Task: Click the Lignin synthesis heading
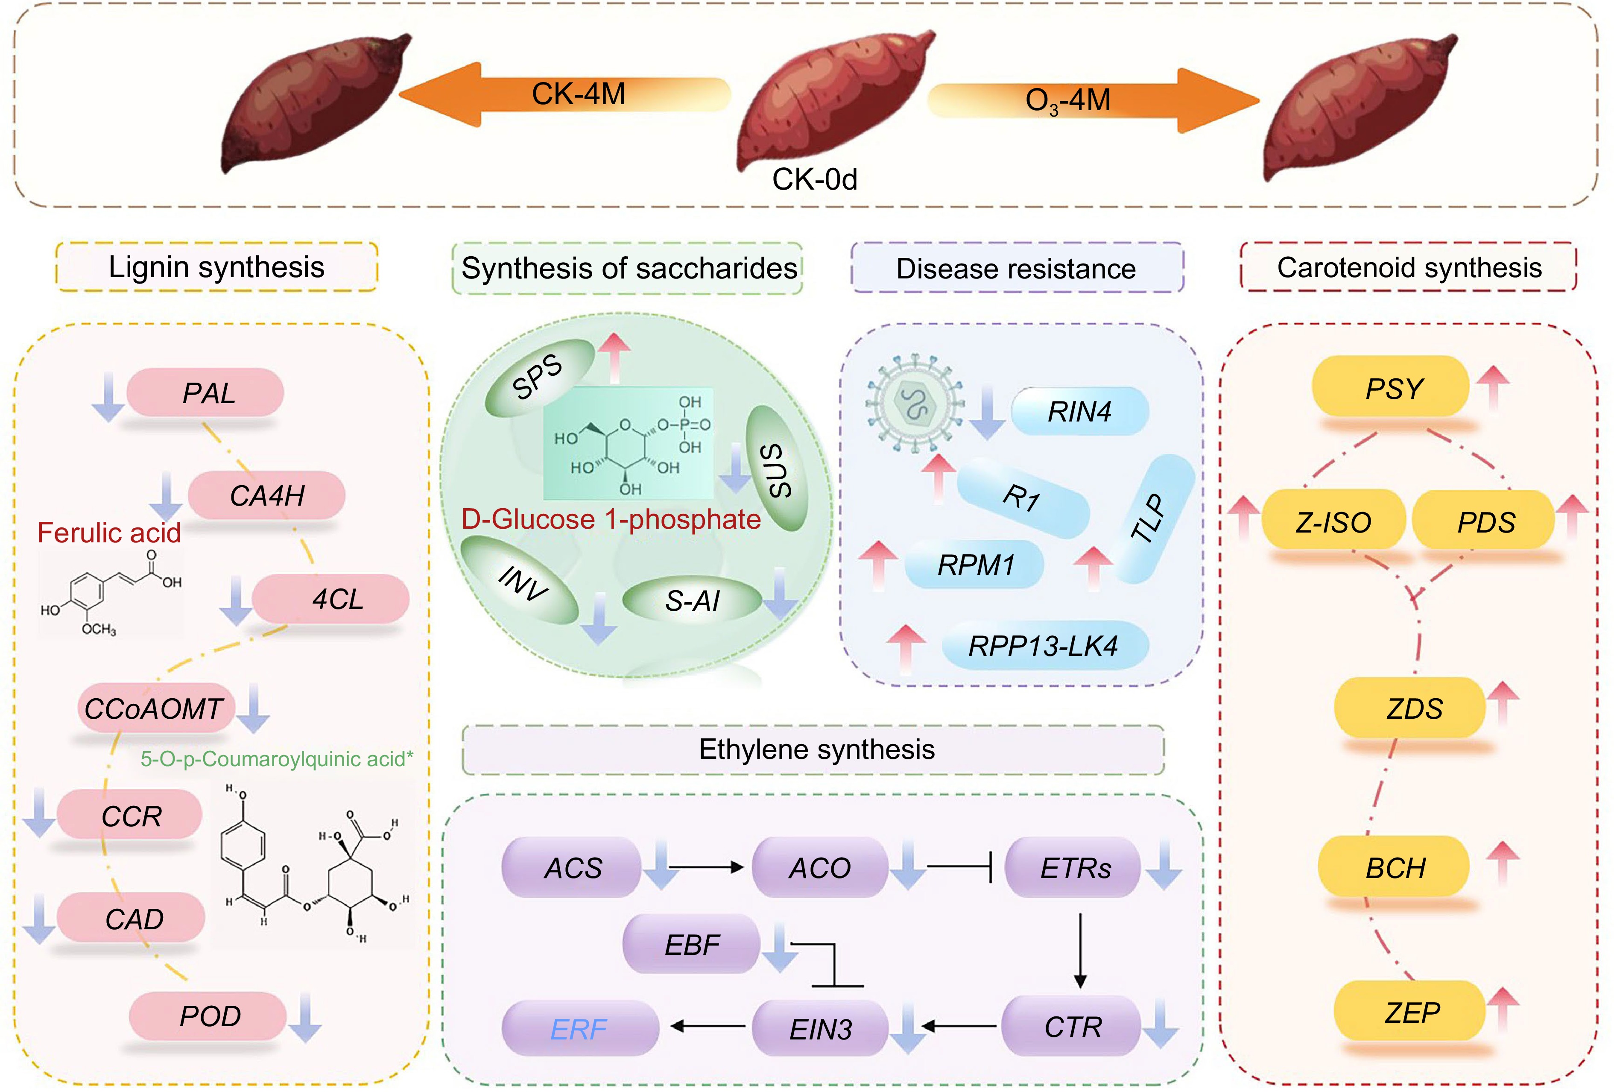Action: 216,267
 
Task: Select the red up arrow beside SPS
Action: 614,356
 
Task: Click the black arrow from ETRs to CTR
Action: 1080,950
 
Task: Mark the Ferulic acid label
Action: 109,533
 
